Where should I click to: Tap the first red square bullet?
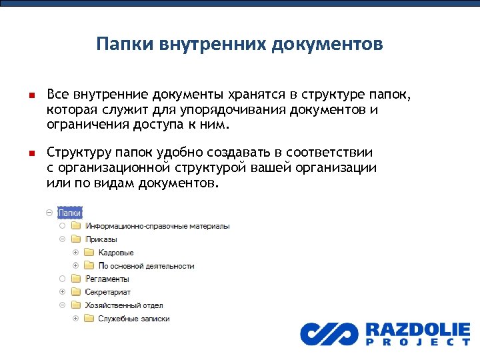pos(31,96)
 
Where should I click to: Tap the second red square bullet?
pos(31,153)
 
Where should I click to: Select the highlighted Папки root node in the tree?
pos(70,213)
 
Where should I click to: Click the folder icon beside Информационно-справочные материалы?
pos(75,226)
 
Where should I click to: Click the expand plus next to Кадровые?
pos(75,253)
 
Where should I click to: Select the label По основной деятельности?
pos(147,266)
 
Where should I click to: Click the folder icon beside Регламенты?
pos(75,279)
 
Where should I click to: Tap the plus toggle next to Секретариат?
pos(62,292)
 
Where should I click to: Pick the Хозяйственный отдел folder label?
pos(124,305)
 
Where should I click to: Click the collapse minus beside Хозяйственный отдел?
pos(62,305)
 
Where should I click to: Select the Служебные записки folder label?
pos(134,319)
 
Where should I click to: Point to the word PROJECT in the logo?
pos(417,342)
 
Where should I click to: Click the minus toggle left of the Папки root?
pos(49,213)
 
